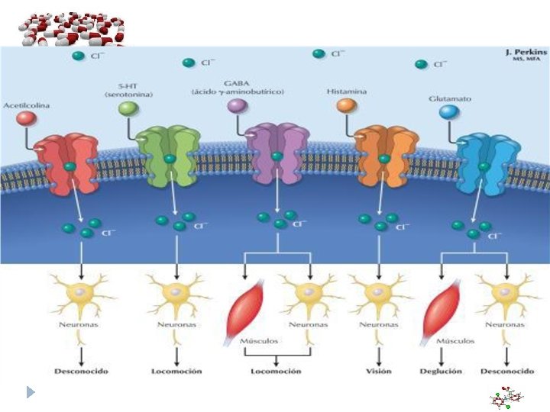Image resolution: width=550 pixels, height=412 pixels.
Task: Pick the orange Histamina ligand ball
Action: pyautogui.click(x=346, y=106)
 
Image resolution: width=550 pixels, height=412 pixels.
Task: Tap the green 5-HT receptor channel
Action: pyautogui.click(x=168, y=156)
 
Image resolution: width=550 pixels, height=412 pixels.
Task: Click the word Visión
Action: pyautogui.click(x=378, y=372)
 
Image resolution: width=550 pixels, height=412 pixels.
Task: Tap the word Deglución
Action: pyautogui.click(x=440, y=372)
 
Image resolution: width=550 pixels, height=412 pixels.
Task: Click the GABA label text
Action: pyautogui.click(x=237, y=82)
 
